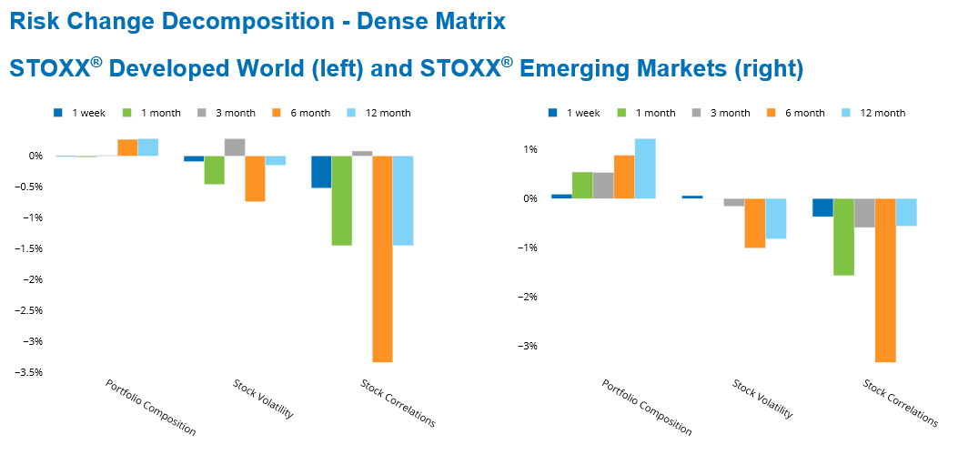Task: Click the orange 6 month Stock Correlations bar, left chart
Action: (x=382, y=258)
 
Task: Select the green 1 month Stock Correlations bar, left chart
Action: (x=341, y=200)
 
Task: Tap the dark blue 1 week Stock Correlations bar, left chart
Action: (x=321, y=171)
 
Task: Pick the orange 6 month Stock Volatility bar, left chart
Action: (x=255, y=178)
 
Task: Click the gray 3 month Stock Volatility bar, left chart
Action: (x=235, y=147)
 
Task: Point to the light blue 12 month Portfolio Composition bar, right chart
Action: (x=645, y=168)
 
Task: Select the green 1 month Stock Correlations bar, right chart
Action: (x=843, y=237)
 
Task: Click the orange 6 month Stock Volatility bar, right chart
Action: (x=755, y=223)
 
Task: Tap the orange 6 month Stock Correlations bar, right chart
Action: (x=885, y=280)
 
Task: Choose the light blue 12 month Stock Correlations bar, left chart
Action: (x=402, y=200)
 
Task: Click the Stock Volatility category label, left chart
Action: (x=263, y=399)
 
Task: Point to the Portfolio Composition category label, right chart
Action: (x=647, y=407)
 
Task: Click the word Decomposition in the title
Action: (x=247, y=19)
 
